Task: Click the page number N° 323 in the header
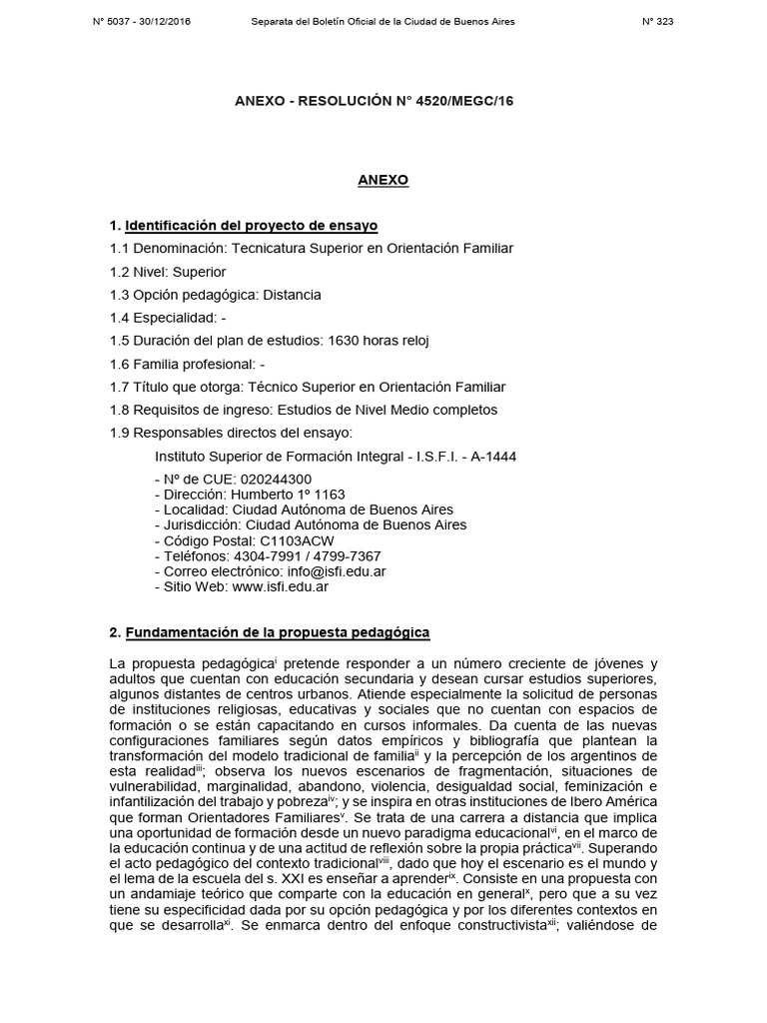pyautogui.click(x=658, y=22)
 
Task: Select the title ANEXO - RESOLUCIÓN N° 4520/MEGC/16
pyautogui.click(x=374, y=101)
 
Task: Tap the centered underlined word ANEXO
pyautogui.click(x=383, y=180)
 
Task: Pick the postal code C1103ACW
pyautogui.click(x=282, y=540)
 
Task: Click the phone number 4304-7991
pyautogui.click(x=262, y=556)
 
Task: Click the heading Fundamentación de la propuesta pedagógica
pyautogui.click(x=278, y=632)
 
